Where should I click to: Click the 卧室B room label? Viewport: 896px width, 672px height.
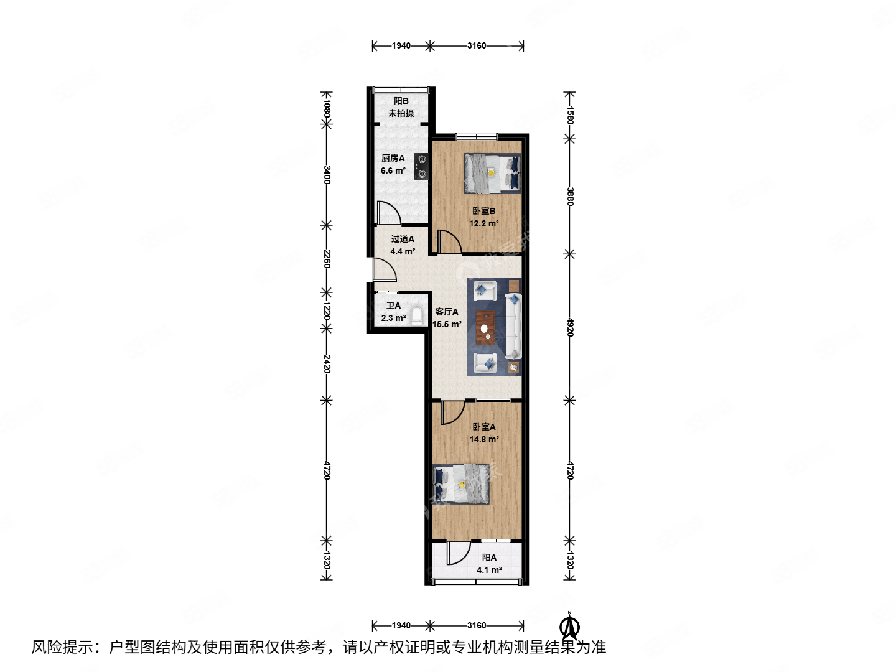[x=483, y=212]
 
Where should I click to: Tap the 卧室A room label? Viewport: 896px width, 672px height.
[x=483, y=427]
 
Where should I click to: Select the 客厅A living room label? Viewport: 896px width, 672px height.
[x=447, y=312]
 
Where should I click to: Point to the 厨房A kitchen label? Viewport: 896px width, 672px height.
[x=393, y=159]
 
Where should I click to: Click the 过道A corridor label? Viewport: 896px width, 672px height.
[x=403, y=239]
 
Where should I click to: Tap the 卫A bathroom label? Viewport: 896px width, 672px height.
[x=393, y=306]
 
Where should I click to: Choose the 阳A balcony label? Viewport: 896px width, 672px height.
[x=489, y=558]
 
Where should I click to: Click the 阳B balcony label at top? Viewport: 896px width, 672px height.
[x=401, y=101]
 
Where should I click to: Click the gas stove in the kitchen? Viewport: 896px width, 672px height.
[x=421, y=167]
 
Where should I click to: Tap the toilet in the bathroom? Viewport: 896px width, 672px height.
[x=418, y=316]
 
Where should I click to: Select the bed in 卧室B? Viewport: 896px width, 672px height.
[x=492, y=174]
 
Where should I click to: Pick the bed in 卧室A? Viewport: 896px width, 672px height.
[x=461, y=483]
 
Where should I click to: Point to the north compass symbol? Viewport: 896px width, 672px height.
[x=569, y=626]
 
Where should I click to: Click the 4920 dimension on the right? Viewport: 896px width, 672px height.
[x=570, y=327]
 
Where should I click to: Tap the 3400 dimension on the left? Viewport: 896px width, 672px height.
[x=327, y=175]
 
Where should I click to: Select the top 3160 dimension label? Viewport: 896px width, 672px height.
[x=477, y=45]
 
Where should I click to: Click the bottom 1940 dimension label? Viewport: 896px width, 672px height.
[x=401, y=625]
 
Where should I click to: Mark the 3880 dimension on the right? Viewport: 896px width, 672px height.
[x=570, y=197]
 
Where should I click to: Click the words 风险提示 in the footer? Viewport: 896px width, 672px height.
[x=63, y=647]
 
